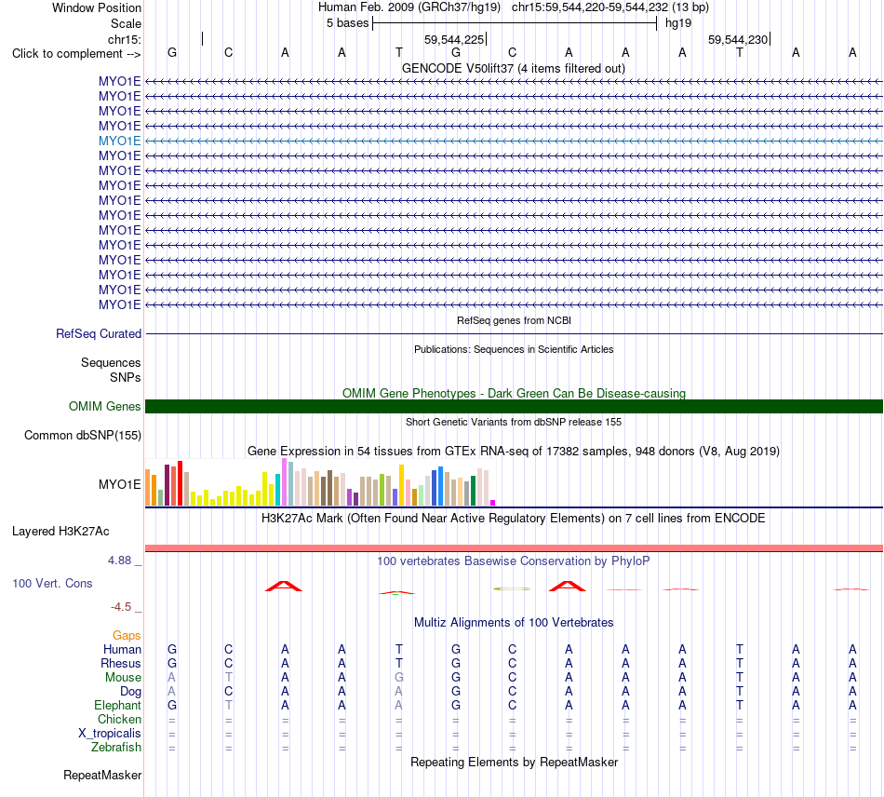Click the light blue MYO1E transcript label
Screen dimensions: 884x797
[x=119, y=141]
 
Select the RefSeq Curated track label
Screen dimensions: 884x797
[x=99, y=334]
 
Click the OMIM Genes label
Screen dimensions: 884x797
[x=105, y=406]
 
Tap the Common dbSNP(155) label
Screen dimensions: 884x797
[x=83, y=436]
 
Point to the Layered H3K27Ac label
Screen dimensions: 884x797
[x=60, y=532]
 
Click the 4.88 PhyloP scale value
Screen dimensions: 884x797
[x=119, y=561]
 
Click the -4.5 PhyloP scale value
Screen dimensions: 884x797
[x=121, y=607]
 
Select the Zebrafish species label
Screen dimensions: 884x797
[x=116, y=748]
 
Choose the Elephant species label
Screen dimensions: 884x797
[x=118, y=706]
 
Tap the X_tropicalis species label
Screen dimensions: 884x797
[x=110, y=734]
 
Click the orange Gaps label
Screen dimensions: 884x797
[x=127, y=636]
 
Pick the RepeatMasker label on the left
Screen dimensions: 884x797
[x=102, y=776]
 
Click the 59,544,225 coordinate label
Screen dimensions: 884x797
[x=454, y=39]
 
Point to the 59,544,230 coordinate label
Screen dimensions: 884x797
[x=738, y=39]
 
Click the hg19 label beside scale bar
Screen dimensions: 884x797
[x=678, y=23]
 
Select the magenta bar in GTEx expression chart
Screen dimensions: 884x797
[x=493, y=503]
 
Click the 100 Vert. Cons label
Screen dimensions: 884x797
[x=52, y=583]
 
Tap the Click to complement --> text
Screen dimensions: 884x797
[x=76, y=54]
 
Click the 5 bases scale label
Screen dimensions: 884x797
[x=347, y=23]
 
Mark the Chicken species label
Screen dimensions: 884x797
[x=119, y=719]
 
